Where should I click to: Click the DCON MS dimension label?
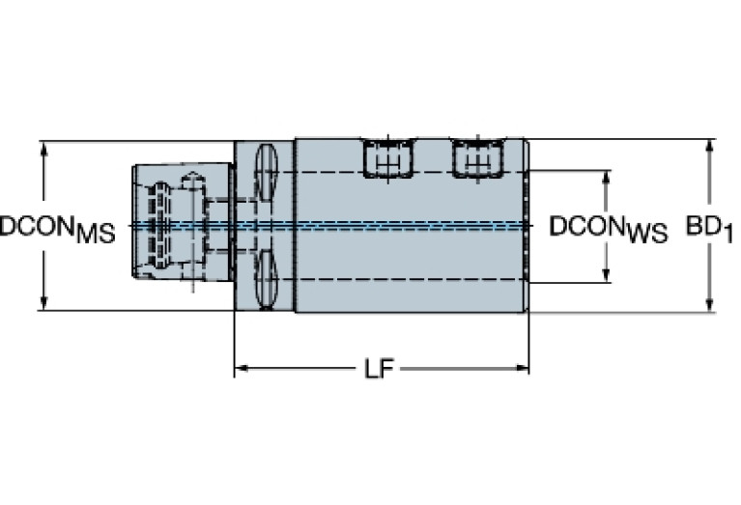(x=57, y=230)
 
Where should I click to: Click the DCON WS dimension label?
(x=609, y=230)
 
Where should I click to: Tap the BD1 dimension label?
(x=709, y=230)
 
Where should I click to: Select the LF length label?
(x=380, y=369)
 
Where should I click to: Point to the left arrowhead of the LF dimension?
(x=242, y=368)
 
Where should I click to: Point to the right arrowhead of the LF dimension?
(x=522, y=368)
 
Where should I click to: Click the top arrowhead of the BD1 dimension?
(x=709, y=147)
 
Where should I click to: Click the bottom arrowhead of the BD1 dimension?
(x=709, y=305)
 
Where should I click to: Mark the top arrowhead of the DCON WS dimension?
(x=607, y=178)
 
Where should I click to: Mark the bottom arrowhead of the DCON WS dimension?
(x=607, y=275)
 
